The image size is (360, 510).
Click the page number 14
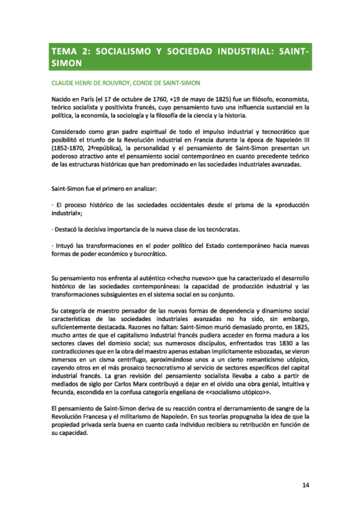(x=305, y=486)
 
